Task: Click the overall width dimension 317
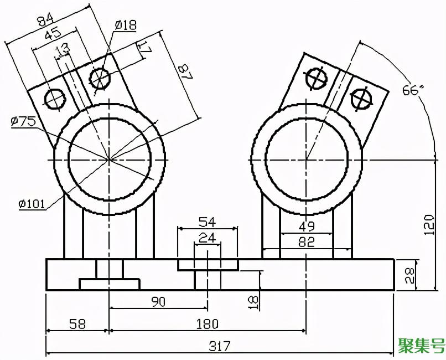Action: (x=219, y=346)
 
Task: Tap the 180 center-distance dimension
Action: (x=208, y=324)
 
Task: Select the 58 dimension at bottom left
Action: (x=77, y=324)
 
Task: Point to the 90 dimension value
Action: (x=158, y=302)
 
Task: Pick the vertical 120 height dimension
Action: (x=429, y=225)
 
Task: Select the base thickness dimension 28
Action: (x=411, y=275)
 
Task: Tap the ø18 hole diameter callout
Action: (x=126, y=25)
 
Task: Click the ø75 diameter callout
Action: (x=23, y=121)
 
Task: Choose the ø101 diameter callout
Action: (x=32, y=204)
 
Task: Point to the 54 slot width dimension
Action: (x=207, y=222)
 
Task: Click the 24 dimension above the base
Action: (x=207, y=238)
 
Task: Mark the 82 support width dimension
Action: (x=307, y=242)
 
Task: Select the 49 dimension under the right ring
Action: (x=307, y=227)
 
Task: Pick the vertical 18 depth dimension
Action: (x=253, y=302)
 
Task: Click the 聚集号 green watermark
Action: (x=421, y=346)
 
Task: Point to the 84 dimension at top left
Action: (x=45, y=20)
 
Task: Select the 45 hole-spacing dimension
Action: (x=53, y=33)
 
